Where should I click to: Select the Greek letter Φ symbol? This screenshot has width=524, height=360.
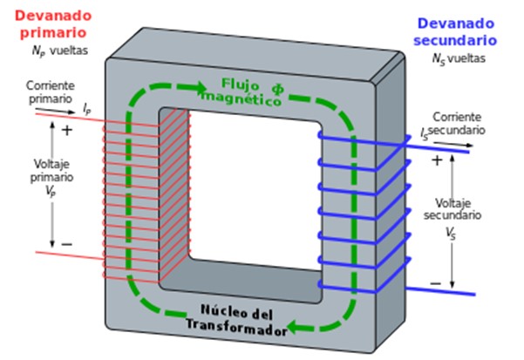[x=277, y=86]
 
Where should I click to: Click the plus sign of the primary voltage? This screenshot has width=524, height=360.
[x=68, y=130]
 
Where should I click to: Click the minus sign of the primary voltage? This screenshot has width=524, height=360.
[x=67, y=244]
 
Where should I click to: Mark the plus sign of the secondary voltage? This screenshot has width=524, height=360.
[x=436, y=160]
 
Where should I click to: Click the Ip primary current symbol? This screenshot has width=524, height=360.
[x=86, y=109]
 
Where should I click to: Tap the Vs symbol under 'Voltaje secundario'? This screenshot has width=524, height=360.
[x=450, y=234]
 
